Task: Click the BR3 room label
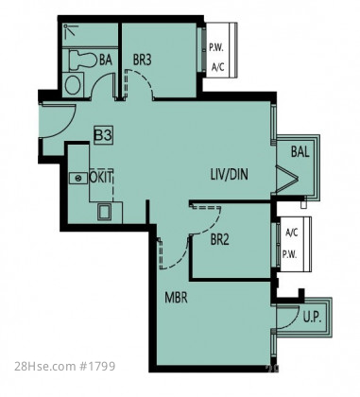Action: (x=142, y=60)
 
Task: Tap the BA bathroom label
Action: (x=106, y=60)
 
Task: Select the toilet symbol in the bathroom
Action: (x=82, y=60)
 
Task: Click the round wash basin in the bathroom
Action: (x=73, y=85)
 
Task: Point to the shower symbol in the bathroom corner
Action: (x=70, y=29)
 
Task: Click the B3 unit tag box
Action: (x=103, y=136)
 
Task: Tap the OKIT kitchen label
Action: (x=101, y=177)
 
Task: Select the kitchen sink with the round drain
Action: (x=78, y=178)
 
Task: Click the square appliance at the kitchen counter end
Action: (x=105, y=211)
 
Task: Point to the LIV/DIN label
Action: (x=229, y=174)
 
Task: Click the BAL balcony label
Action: (x=300, y=151)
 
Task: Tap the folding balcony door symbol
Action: (x=286, y=180)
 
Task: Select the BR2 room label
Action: (x=220, y=240)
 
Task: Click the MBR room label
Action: (x=177, y=297)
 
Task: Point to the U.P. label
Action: (x=312, y=319)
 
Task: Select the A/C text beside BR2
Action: (x=291, y=233)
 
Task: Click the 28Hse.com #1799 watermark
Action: (x=65, y=367)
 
